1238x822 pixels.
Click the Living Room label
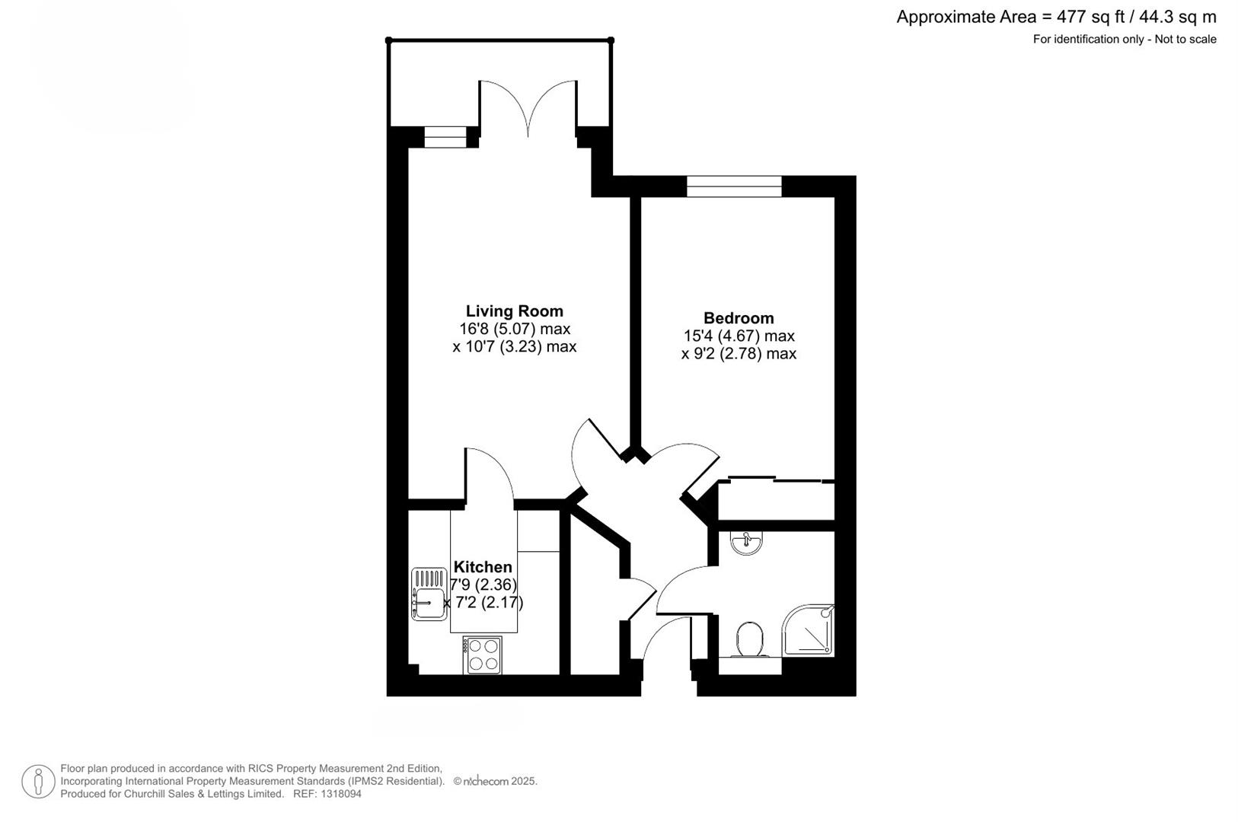pos(514,311)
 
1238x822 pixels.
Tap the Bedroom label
pos(738,318)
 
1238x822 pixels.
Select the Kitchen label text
pos(483,567)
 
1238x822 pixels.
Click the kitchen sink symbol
pos(429,594)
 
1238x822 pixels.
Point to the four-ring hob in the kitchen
pos(482,655)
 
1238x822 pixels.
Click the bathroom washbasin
pos(746,543)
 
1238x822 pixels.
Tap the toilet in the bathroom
pos(750,639)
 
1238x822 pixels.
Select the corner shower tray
pos(809,631)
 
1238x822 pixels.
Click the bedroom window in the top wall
pos(734,186)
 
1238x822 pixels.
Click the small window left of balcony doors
pos(444,137)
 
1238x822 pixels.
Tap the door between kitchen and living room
pos(490,476)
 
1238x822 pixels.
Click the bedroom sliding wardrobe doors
pos(777,479)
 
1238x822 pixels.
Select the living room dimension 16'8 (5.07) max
pos(514,329)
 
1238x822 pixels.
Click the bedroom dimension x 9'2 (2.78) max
pos(739,353)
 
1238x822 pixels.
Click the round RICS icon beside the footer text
pos(38,782)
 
